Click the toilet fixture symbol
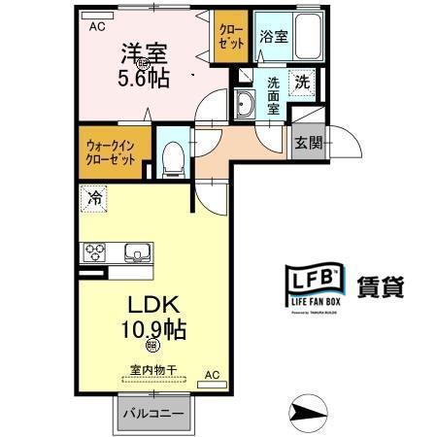[173, 156]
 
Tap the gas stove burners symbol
[96, 253]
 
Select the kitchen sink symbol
[136, 253]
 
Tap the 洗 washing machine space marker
[302, 84]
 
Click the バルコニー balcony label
[152, 414]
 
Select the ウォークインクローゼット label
[112, 151]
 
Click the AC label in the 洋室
[96, 27]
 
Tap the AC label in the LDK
[212, 373]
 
